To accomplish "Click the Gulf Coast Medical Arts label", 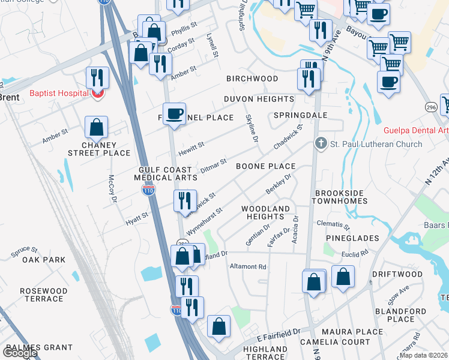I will tap(164, 174).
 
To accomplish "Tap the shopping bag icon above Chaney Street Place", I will tap(96, 127).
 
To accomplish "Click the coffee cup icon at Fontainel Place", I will tap(175, 113).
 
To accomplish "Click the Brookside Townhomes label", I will tap(341, 197).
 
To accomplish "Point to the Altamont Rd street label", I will tap(248, 266).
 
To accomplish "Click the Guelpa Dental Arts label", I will tap(416, 130).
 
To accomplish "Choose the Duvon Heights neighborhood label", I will tap(259, 99).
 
